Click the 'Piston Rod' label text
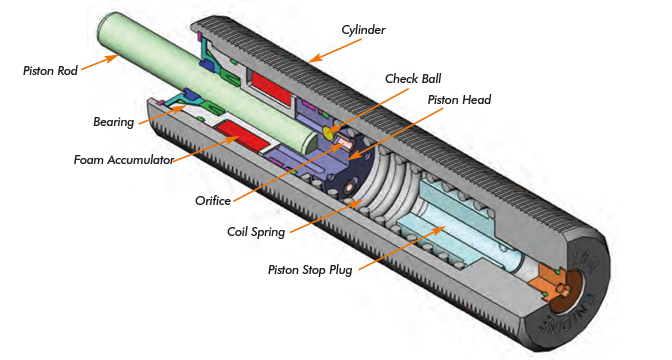(48, 70)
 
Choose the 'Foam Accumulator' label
(124, 160)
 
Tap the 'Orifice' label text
(216, 200)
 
